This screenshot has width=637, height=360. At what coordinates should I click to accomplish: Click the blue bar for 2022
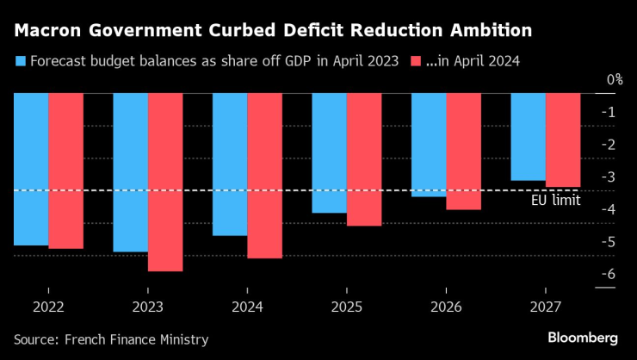[x=31, y=169]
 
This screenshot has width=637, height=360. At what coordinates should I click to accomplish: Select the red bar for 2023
[x=165, y=182]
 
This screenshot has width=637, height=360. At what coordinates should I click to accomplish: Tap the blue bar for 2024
[x=230, y=164]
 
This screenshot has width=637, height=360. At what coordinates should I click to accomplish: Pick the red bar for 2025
[x=363, y=159]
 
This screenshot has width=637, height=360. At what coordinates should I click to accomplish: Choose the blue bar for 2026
[x=429, y=145]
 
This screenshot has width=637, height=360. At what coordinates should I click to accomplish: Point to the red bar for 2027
[x=563, y=140]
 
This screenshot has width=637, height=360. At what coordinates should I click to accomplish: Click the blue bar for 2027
[x=528, y=136]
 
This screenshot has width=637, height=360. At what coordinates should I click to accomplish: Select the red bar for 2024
[x=264, y=175]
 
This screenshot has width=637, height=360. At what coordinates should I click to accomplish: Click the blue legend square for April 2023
[x=20, y=62]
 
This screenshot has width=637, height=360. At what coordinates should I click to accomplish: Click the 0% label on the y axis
[x=614, y=79]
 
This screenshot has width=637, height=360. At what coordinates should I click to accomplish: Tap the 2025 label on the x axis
[x=346, y=307]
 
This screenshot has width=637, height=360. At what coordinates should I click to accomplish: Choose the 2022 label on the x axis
[x=48, y=307]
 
